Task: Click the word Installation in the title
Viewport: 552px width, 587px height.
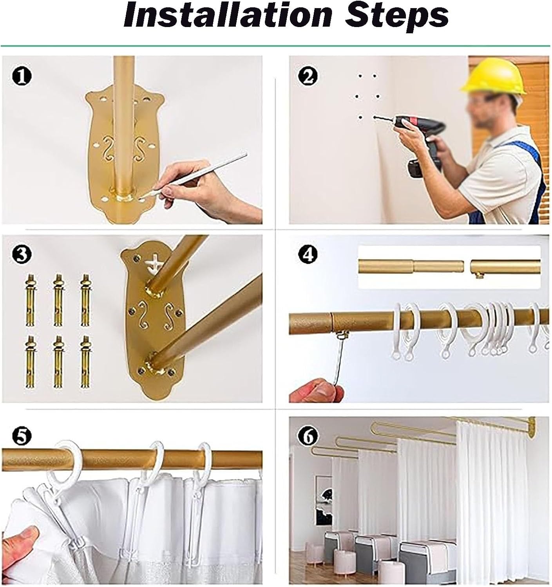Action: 228,15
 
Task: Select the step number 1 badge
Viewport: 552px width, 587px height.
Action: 21,77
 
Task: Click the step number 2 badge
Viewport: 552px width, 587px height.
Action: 308,76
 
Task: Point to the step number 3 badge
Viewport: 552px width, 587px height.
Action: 21,254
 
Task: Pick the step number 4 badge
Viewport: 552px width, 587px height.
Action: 308,254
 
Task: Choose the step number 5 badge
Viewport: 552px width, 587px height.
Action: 21,436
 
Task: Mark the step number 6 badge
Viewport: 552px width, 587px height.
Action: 308,436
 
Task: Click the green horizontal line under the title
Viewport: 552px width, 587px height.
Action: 275,46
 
